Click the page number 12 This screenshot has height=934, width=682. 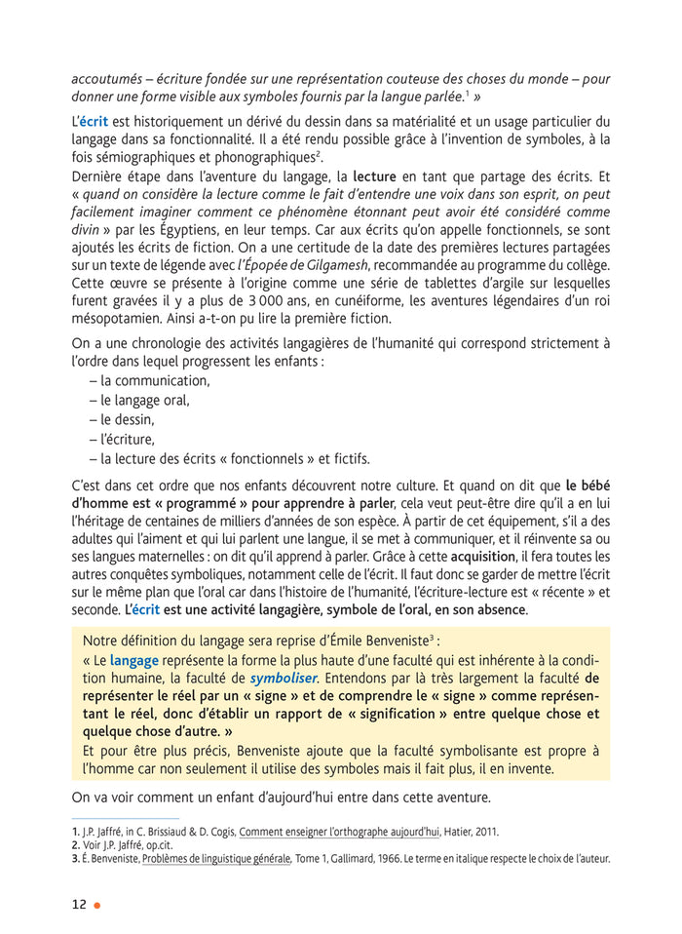pos(79,904)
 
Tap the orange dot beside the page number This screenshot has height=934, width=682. pos(97,905)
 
